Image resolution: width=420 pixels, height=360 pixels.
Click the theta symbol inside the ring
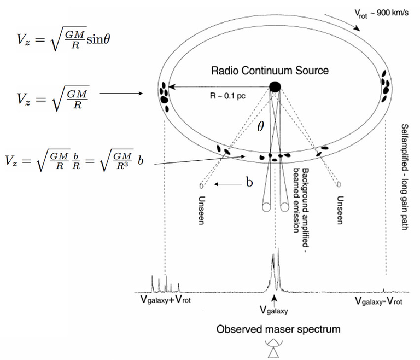261,127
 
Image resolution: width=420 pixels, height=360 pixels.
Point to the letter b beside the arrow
249,183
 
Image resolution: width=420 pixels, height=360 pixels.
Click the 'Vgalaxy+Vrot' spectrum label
166,300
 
